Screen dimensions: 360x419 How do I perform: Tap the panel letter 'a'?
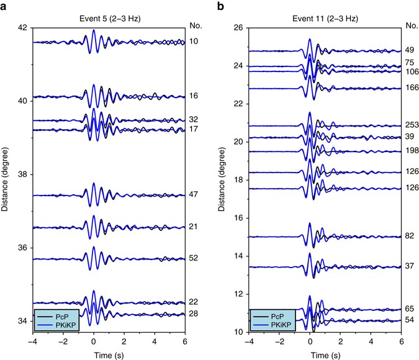click(5, 6)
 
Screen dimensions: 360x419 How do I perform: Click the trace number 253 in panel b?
click(410, 125)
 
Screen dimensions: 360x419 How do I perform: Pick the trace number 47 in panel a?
click(193, 194)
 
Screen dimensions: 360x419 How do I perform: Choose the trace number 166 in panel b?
click(410, 88)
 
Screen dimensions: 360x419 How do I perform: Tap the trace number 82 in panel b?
click(410, 236)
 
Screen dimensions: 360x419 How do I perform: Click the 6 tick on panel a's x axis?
click(184, 341)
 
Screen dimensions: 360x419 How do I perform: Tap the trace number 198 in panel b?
click(410, 151)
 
